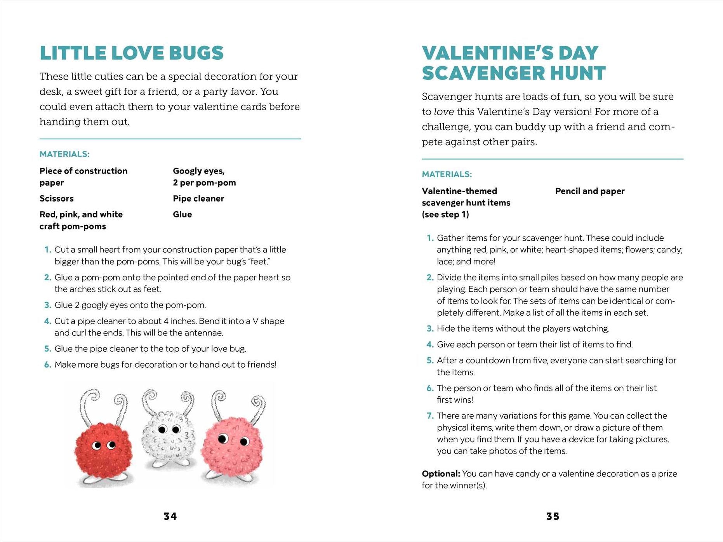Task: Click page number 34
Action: tap(170, 516)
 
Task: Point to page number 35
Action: tap(553, 516)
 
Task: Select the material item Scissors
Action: tap(56, 198)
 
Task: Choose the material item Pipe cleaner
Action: tap(198, 198)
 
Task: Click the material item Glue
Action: tap(182, 214)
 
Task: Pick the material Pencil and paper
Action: tap(590, 191)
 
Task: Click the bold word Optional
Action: tap(440, 474)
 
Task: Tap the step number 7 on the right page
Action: tap(430, 416)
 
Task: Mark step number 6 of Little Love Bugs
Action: tap(47, 365)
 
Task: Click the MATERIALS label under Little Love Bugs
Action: tap(64, 154)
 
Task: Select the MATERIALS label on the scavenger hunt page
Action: tap(447, 174)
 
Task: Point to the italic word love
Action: tap(443, 112)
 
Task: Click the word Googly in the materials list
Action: tap(186, 171)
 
